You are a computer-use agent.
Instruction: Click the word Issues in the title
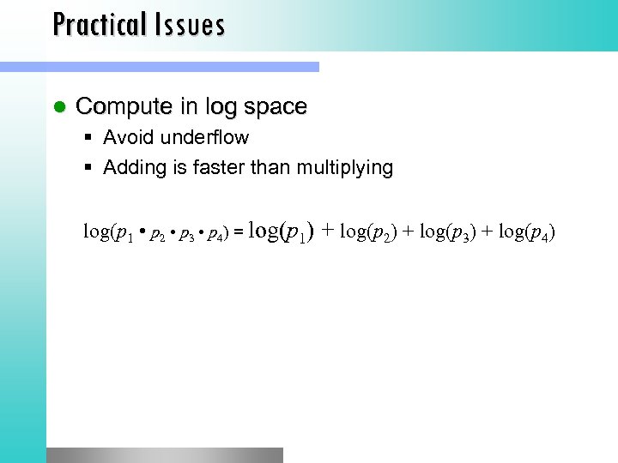point(190,24)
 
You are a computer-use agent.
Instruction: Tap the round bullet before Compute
point(59,107)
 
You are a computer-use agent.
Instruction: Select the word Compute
point(125,107)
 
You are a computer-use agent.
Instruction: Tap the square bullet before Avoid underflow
point(90,137)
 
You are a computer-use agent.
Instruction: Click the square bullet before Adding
point(90,167)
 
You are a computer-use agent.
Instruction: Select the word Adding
point(131,168)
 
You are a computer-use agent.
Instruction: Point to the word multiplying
point(344,168)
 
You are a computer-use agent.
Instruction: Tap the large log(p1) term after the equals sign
point(281,231)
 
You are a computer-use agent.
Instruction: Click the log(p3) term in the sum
point(445,231)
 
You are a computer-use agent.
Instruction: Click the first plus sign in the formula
point(328,231)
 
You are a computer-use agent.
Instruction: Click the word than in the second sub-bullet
point(268,167)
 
